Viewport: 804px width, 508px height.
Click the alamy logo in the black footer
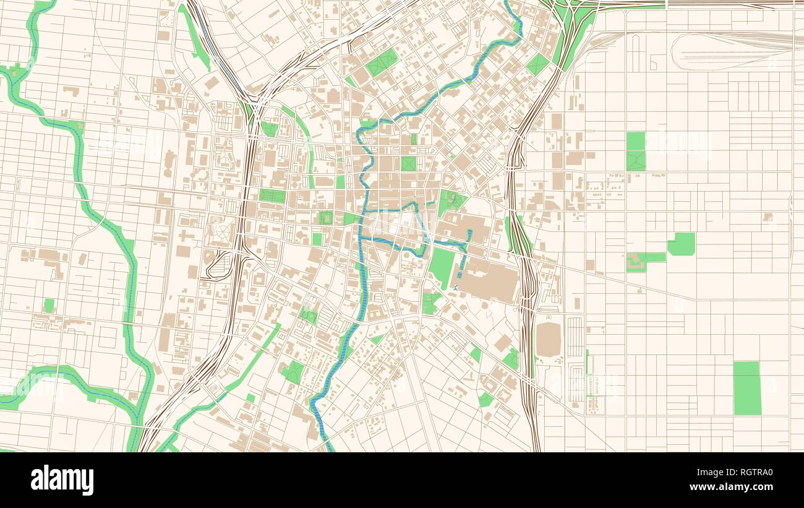62,480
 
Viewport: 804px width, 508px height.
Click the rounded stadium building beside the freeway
548,339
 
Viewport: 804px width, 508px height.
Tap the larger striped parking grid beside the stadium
575,337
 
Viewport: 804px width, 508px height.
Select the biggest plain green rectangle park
747,388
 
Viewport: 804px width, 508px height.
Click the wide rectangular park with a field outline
273,196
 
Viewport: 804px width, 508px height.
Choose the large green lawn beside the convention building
443,267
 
